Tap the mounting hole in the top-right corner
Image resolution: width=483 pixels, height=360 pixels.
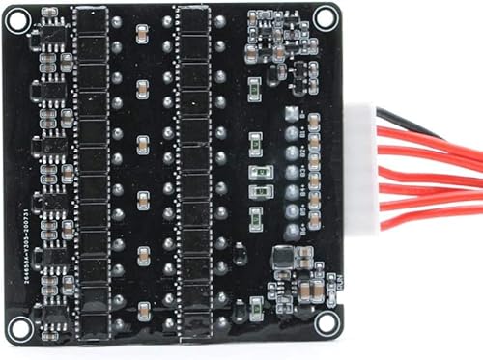coord(327,15)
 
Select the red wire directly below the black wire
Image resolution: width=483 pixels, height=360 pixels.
coord(425,136)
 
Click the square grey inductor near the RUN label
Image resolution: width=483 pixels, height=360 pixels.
coord(283,258)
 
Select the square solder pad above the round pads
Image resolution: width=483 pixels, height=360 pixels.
coord(290,113)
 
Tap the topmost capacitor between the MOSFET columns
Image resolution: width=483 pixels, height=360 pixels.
coord(143,31)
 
